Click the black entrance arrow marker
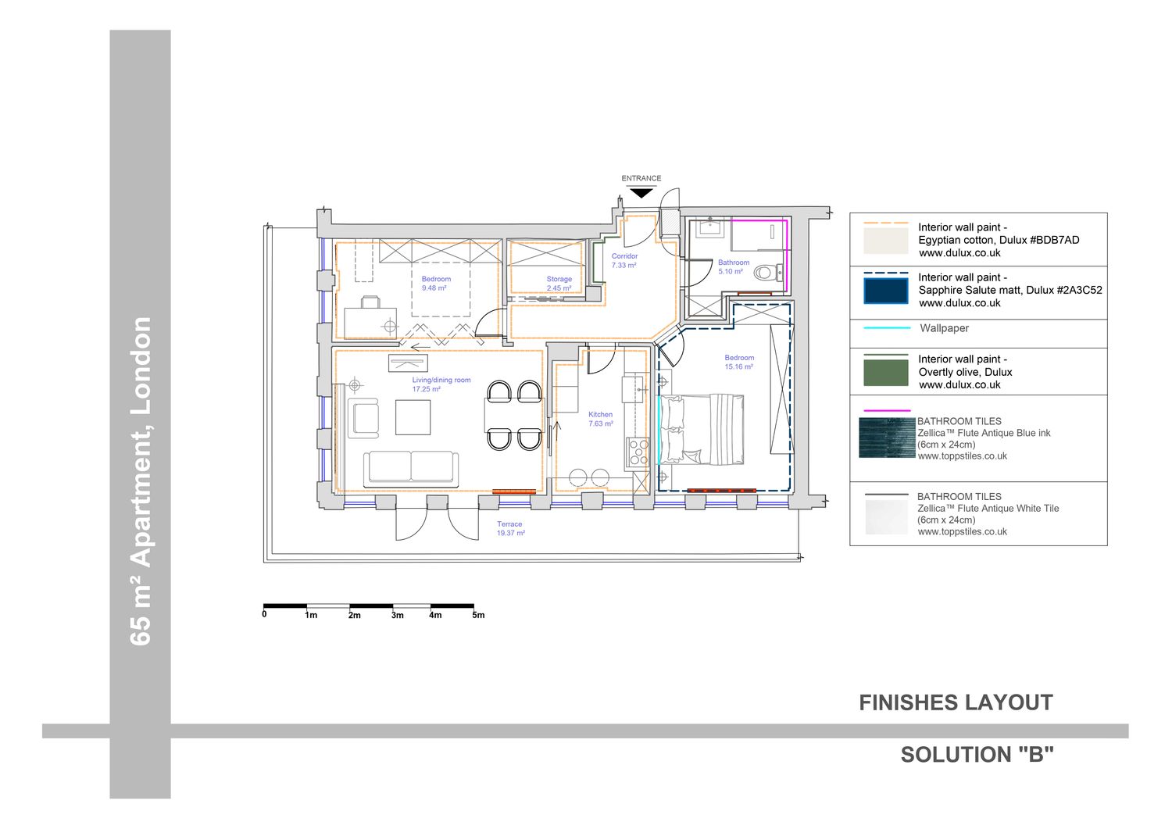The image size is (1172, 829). coord(641,193)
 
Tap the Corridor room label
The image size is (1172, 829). coord(625,256)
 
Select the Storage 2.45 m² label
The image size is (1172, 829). coord(559,283)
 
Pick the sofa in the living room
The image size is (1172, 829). coord(411,466)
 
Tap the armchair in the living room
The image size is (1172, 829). coord(363,418)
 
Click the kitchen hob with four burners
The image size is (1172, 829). coord(638,452)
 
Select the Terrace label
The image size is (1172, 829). coord(509,523)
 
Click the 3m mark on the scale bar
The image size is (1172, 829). coord(398,616)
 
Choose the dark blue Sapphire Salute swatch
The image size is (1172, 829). coord(886,291)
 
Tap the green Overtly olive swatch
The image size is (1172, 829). coord(886,373)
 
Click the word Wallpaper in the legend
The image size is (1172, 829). coord(945,328)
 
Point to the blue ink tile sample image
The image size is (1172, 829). coord(887,438)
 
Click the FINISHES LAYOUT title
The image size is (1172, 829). coord(956,703)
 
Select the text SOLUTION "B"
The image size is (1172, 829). coord(977,755)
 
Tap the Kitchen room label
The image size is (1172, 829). coord(600,414)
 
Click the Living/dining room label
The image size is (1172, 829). coord(441,380)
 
